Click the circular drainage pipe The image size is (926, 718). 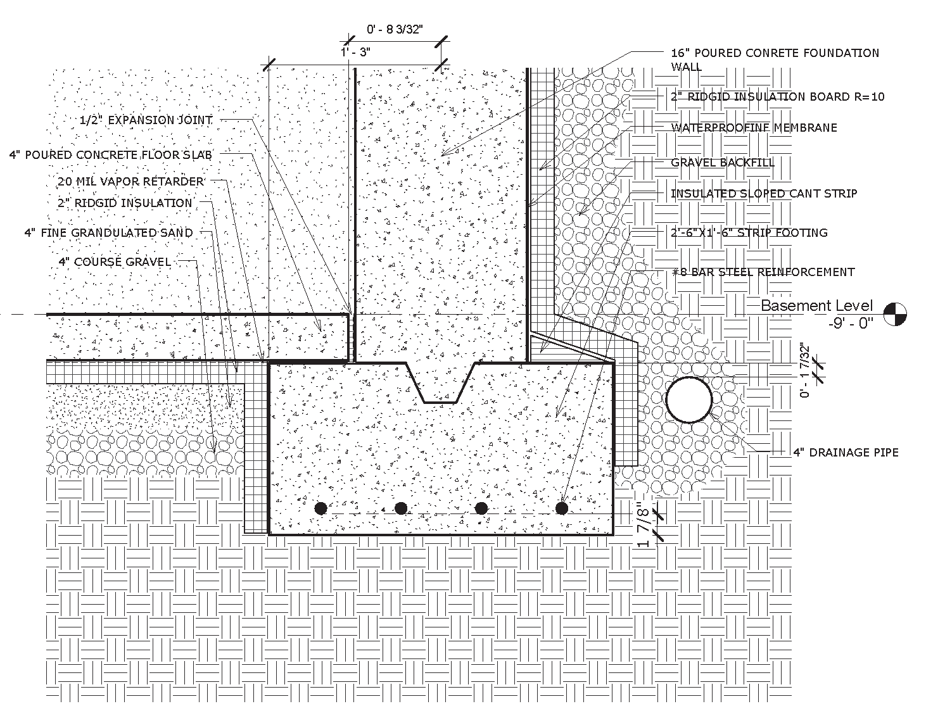pyautogui.click(x=688, y=400)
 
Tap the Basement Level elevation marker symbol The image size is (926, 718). pyautogui.click(x=895, y=315)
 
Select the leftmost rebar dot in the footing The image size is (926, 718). pyautogui.click(x=321, y=508)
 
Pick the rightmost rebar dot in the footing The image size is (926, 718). pyautogui.click(x=562, y=508)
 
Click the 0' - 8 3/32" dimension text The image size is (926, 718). pyautogui.click(x=395, y=29)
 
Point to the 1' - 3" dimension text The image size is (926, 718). pyautogui.click(x=355, y=52)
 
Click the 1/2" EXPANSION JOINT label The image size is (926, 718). pyautogui.click(x=146, y=120)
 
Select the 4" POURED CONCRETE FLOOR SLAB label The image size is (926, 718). pyautogui.click(x=111, y=155)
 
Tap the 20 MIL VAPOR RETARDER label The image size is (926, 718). pyautogui.click(x=130, y=182)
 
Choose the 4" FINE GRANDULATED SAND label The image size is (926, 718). pyautogui.click(x=109, y=233)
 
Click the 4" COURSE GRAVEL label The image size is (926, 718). pyautogui.click(x=115, y=262)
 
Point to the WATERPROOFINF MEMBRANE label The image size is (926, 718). pyautogui.click(x=754, y=128)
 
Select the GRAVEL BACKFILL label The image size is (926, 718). pyautogui.click(x=722, y=163)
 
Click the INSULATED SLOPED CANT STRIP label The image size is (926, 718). pyautogui.click(x=764, y=194)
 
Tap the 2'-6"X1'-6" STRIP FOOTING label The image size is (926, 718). pyautogui.click(x=749, y=233)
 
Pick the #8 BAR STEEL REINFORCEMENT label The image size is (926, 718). pyautogui.click(x=763, y=272)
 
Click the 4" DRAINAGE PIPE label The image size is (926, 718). pyautogui.click(x=846, y=452)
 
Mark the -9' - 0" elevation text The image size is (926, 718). pyautogui.click(x=851, y=324)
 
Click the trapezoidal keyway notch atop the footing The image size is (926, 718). pyautogui.click(x=440, y=382)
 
